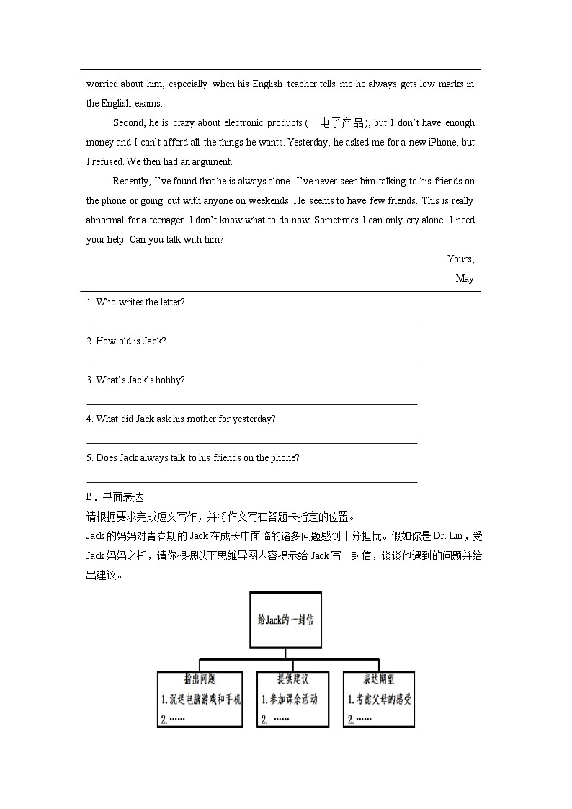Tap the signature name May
pos(465,278)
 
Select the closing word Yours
pos(460,259)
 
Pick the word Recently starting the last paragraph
pos(131,182)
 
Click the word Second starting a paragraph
pos(128,123)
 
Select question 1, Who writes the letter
pos(135,303)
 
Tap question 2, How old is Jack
pos(126,341)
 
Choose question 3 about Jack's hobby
pos(135,380)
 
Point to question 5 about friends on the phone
pos(192,458)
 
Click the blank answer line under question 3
pos(251,404)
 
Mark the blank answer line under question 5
pos(251,482)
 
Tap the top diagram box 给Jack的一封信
pos(285,620)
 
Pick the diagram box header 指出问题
pos(200,679)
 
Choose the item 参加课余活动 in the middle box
pos(290,699)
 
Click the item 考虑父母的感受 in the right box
pos(378,699)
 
